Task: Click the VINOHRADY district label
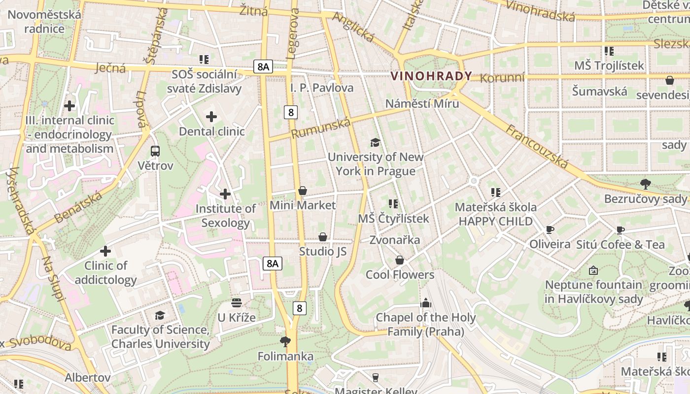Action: (431, 76)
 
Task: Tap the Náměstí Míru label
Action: (422, 103)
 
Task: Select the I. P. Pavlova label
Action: (322, 88)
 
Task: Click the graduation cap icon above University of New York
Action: (376, 142)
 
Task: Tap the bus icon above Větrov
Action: (155, 151)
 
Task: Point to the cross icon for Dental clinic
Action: (211, 117)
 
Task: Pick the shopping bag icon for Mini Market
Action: (303, 191)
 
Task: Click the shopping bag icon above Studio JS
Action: (323, 237)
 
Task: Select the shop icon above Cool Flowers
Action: (400, 260)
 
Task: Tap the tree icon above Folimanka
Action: (285, 341)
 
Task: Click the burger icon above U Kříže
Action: (237, 302)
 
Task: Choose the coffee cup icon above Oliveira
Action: (550, 230)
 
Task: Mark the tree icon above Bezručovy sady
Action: (645, 184)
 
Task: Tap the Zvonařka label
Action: (395, 240)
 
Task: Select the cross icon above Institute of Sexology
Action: (225, 194)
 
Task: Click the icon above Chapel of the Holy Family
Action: (426, 303)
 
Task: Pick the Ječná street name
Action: (110, 67)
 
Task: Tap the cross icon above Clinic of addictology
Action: (105, 251)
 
